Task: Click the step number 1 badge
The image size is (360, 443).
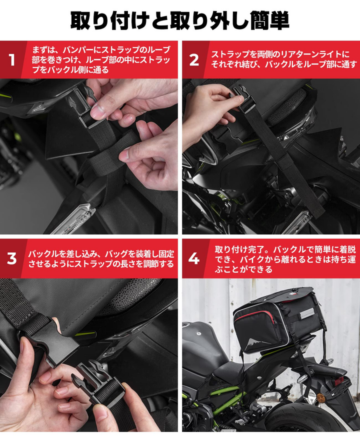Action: click(x=11, y=60)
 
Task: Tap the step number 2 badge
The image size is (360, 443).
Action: click(x=194, y=60)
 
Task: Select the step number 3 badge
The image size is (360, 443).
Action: click(x=11, y=258)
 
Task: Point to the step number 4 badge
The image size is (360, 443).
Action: click(x=194, y=258)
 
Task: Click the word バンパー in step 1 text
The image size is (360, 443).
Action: click(x=80, y=50)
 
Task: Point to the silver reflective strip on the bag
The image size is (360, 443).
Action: click(x=307, y=314)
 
